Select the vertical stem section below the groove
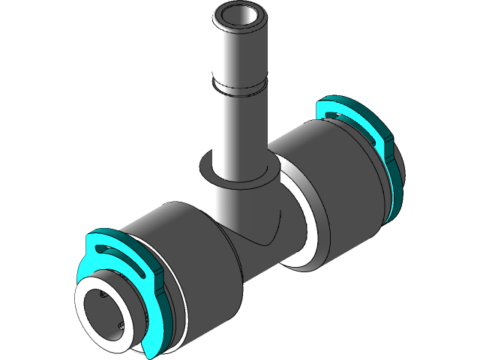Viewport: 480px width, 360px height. pos(239,127)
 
